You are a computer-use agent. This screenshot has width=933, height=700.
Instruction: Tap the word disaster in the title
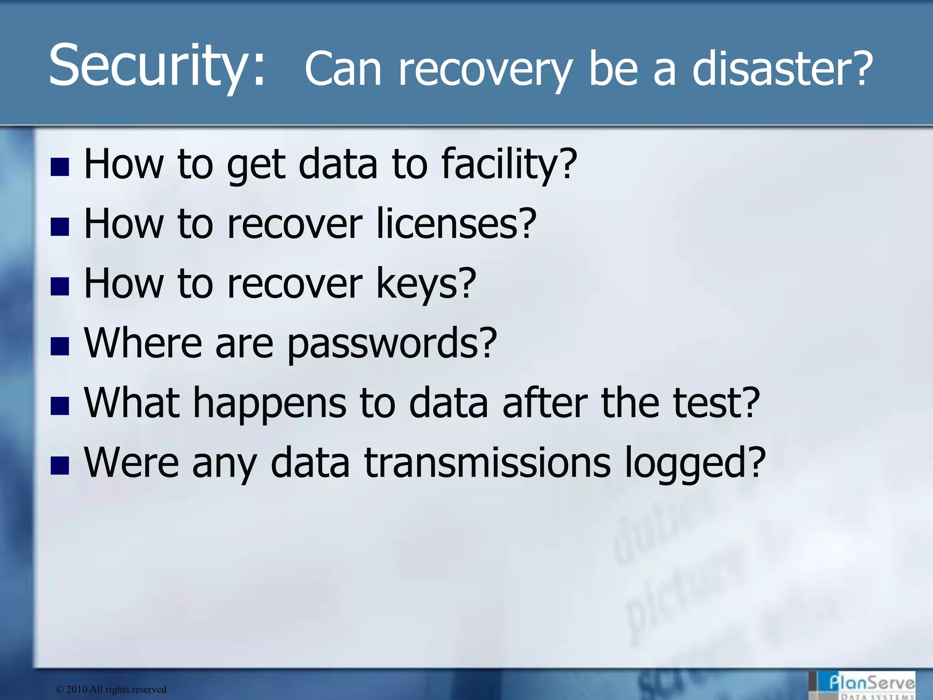[x=782, y=68]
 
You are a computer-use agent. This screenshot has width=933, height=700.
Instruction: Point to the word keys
[x=425, y=284]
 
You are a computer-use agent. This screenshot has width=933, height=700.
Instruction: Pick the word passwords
[x=392, y=344]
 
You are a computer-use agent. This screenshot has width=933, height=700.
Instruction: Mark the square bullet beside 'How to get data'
[x=60, y=167]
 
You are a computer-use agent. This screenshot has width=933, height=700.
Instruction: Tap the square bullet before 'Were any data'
[x=60, y=466]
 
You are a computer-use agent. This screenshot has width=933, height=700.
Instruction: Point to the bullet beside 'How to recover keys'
[x=60, y=287]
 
